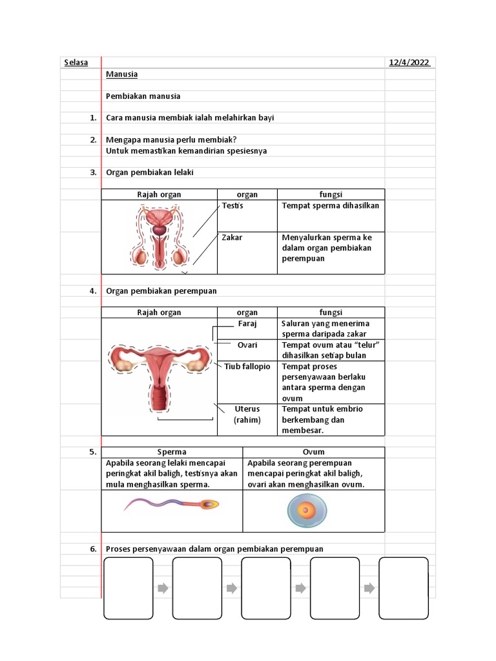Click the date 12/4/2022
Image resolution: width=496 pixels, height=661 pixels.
pyautogui.click(x=409, y=63)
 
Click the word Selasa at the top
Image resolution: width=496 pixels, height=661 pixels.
pyautogui.click(x=76, y=63)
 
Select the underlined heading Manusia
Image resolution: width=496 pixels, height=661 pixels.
pyautogui.click(x=121, y=74)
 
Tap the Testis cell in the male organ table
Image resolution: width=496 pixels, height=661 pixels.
pyautogui.click(x=232, y=205)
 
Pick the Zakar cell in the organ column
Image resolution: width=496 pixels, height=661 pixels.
pyautogui.click(x=232, y=238)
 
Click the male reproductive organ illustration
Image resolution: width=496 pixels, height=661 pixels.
pyautogui.click(x=159, y=237)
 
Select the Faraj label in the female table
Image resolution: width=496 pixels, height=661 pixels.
pyautogui.click(x=247, y=323)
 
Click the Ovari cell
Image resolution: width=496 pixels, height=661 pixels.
pyautogui.click(x=247, y=345)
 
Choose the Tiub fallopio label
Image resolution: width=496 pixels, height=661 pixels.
pyautogui.click(x=247, y=367)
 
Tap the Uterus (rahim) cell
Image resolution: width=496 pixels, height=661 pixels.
pyautogui.click(x=247, y=414)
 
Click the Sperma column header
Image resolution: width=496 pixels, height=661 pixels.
pyautogui.click(x=172, y=452)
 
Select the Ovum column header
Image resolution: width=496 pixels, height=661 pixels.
pyautogui.click(x=313, y=452)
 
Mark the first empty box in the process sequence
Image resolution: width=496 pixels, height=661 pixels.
pyautogui.click(x=129, y=588)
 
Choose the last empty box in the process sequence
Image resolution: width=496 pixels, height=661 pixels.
pyautogui.click(x=404, y=588)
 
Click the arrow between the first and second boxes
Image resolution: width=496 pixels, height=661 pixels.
pyautogui.click(x=163, y=588)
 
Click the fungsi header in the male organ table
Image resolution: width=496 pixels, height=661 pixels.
pyautogui.click(x=331, y=194)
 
